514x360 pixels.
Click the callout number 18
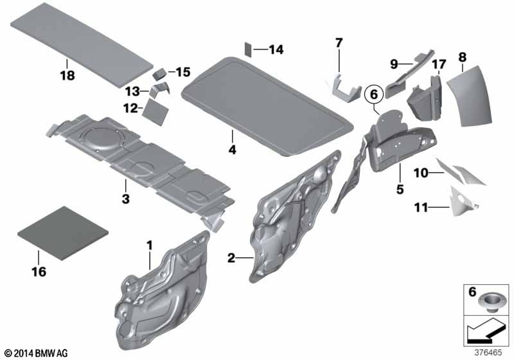(67, 75)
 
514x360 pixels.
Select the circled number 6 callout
(374, 94)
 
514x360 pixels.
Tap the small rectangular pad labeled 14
(248, 50)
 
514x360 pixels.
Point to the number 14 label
(276, 50)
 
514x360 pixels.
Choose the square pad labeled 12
(155, 112)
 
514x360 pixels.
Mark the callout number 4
(232, 150)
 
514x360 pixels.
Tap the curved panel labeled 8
(470, 96)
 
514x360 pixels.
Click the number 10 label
(421, 173)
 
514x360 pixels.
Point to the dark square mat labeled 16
(62, 233)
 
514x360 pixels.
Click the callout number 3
(125, 199)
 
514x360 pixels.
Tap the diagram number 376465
(488, 353)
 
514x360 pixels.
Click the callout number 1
(150, 246)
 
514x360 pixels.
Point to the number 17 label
(439, 64)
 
